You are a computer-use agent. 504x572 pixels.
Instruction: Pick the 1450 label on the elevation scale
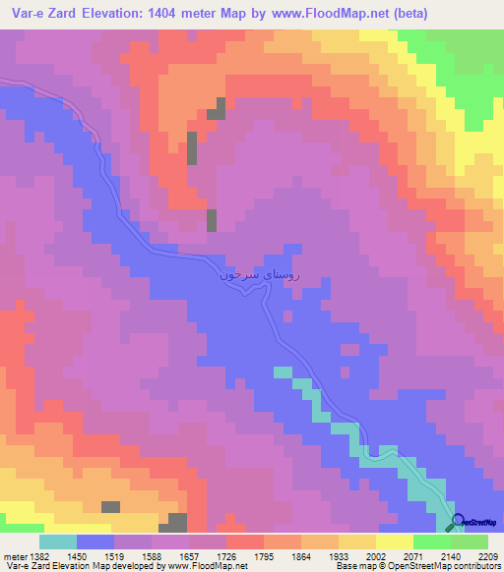point(94,556)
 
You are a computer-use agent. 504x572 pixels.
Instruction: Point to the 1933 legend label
point(358,556)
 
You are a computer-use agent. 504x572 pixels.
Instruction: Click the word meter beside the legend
point(11,556)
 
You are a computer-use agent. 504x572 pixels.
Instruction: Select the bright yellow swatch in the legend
point(394,542)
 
